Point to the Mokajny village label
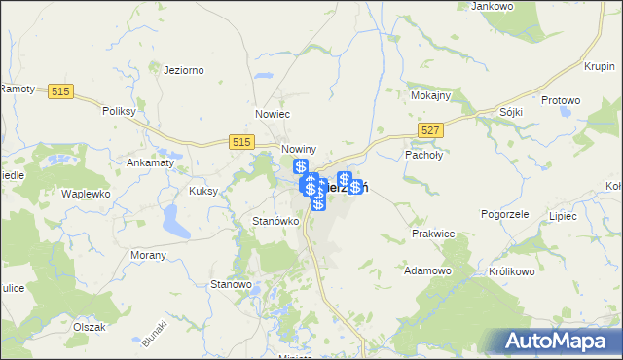(x=429, y=97)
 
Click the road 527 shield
(x=431, y=129)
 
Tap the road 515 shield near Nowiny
(x=244, y=141)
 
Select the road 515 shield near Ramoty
(x=60, y=91)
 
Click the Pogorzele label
(x=504, y=213)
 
